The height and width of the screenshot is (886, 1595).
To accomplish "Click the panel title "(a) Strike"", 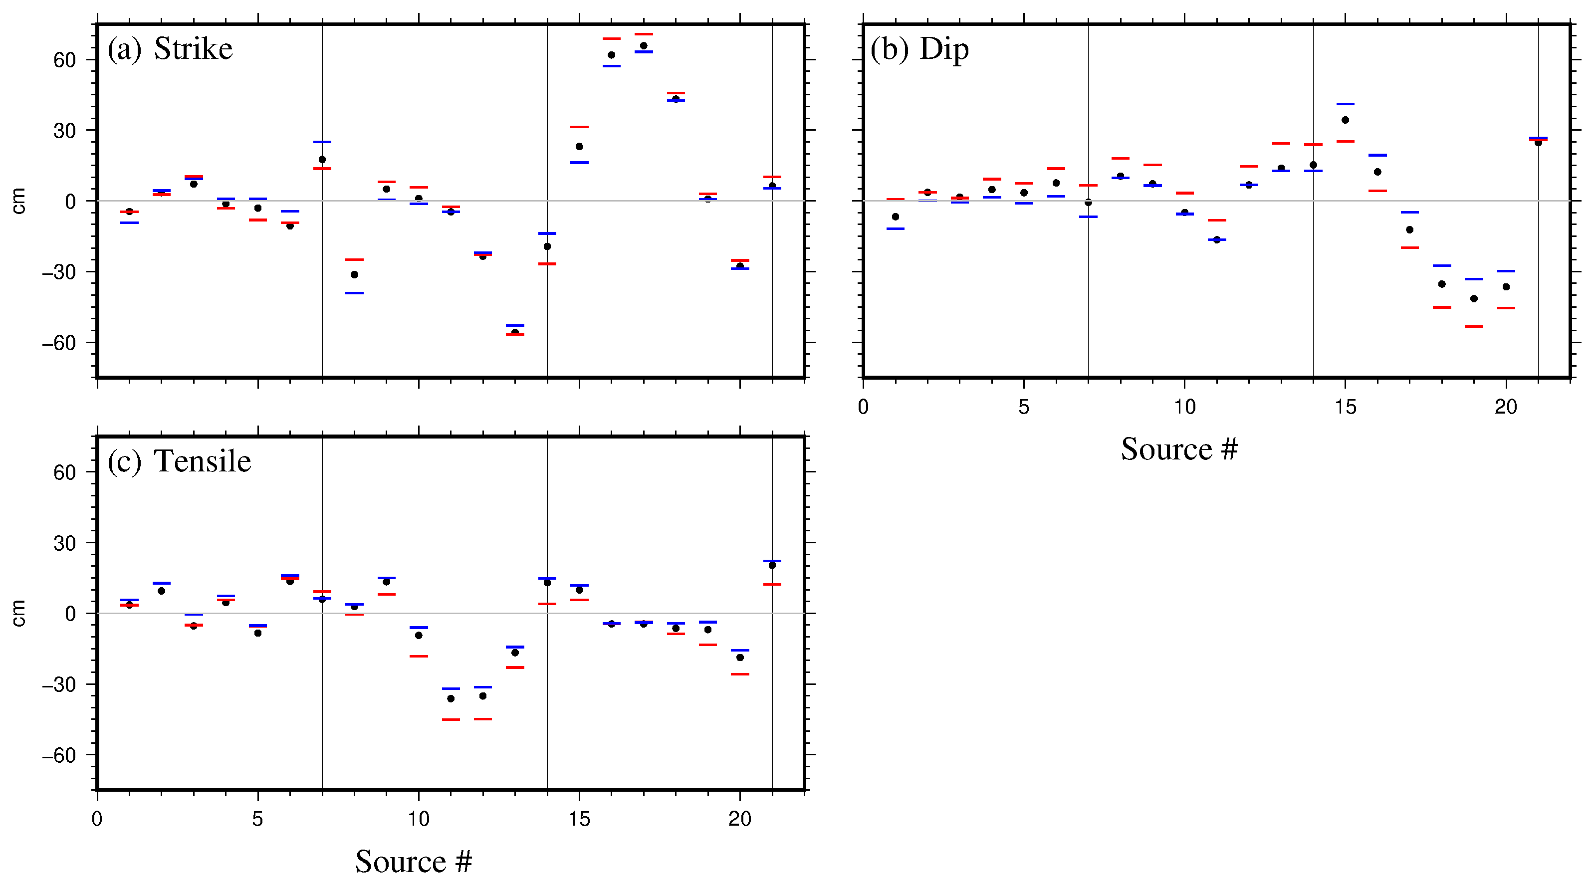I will [x=170, y=48].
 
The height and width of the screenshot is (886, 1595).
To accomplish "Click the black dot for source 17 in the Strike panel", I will [x=643, y=46].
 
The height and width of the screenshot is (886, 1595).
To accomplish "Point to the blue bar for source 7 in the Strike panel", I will [x=322, y=142].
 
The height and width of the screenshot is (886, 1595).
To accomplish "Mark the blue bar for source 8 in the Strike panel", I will [x=354, y=293].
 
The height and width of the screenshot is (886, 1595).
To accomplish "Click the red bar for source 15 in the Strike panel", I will [x=579, y=127].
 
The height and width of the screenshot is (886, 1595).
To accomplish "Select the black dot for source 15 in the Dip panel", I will [x=1345, y=120].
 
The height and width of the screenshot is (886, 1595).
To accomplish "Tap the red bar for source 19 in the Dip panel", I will [x=1474, y=326].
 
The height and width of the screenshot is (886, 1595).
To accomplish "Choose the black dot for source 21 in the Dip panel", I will [x=1538, y=142].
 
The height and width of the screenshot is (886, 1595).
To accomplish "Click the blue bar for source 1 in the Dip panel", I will [x=896, y=228].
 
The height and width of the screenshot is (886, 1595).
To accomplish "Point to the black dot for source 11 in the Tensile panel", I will [x=451, y=698].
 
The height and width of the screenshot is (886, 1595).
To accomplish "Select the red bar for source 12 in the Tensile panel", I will [x=483, y=719].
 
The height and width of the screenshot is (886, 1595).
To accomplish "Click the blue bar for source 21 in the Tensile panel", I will [x=772, y=561].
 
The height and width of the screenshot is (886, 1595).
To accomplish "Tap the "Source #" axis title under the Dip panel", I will [x=1179, y=449].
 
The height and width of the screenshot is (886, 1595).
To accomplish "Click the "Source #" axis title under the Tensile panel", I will [x=413, y=861].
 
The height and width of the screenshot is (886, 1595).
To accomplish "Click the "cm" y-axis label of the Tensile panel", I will [x=18, y=613].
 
